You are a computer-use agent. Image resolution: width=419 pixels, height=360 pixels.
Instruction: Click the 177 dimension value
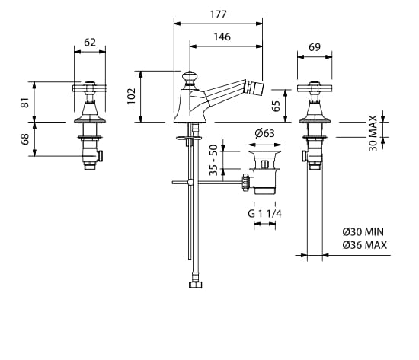pos(219,14)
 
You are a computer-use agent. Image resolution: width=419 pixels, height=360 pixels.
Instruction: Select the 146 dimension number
pos(222,37)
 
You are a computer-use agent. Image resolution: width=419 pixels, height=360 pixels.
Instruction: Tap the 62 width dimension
pos(90,42)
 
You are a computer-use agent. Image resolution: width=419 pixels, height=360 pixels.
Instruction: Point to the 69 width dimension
pos(315,47)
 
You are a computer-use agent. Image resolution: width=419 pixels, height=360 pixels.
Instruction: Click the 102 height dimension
pos(132,96)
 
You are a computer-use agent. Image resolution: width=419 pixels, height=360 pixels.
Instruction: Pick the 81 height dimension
pos(25,102)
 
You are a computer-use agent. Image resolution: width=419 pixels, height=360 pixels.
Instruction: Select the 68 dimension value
pos(25,139)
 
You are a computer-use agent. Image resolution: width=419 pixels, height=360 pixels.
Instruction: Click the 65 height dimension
pos(277,106)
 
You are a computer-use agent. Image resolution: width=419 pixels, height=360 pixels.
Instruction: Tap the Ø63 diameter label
pos(264,133)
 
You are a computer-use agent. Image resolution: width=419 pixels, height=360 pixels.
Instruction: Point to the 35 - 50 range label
pos(213,160)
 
